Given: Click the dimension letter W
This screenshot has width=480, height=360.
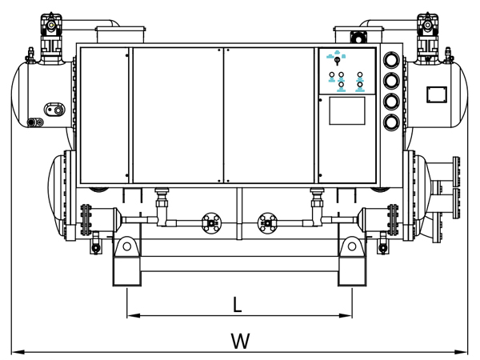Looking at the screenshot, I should point(239,341).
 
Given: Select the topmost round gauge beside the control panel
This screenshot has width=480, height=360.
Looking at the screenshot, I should point(391,60).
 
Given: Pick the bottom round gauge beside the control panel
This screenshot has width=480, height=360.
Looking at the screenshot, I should point(391,122).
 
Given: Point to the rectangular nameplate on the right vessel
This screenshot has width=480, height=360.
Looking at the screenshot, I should point(437,92).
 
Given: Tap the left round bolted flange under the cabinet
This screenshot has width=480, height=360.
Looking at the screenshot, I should point(212,222).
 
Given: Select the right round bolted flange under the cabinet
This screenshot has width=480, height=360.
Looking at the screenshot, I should point(267,222).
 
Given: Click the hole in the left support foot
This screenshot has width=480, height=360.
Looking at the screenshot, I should point(126,249).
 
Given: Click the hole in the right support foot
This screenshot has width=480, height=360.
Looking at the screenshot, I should point(353,249).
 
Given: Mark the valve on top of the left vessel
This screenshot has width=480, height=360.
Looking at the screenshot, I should point(54,27).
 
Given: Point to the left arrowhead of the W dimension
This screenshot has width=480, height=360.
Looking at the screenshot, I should point(17,350).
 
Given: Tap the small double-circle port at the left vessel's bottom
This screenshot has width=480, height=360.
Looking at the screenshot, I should point(33,122).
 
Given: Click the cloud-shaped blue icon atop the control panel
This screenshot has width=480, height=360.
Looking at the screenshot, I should point(337,54).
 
